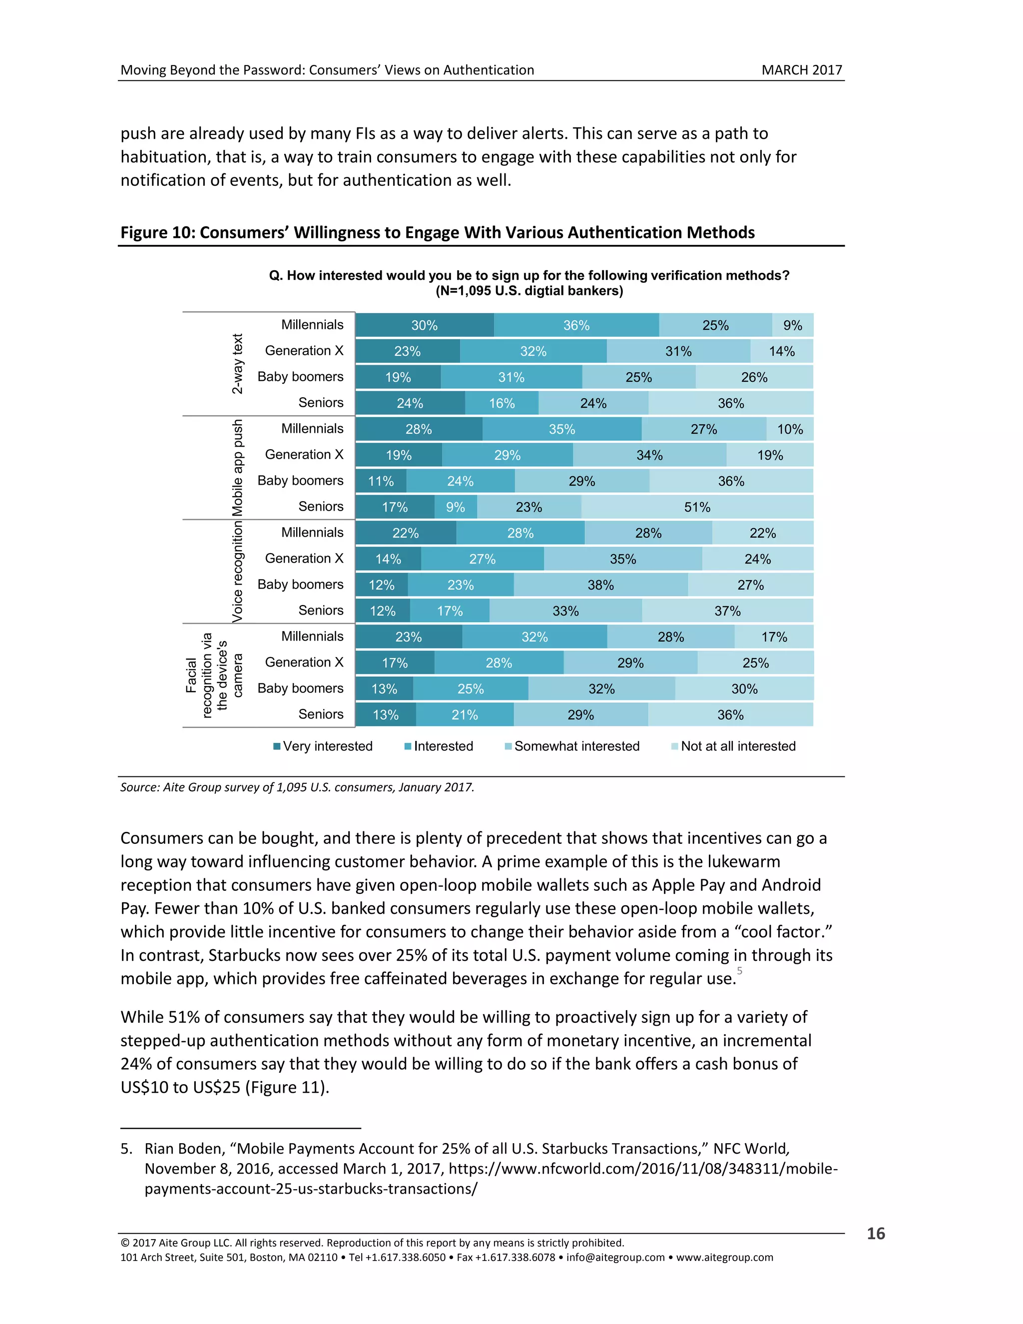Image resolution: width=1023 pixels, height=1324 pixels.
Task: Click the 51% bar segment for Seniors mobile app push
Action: [x=697, y=507]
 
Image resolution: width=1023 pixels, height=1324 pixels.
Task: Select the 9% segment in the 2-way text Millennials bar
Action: [x=792, y=326]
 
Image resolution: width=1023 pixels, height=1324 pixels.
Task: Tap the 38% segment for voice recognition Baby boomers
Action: [x=600, y=585]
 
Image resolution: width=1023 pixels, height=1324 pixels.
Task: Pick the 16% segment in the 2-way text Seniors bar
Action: [x=502, y=403]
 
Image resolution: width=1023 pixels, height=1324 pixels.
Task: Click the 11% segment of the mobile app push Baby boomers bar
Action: [x=381, y=481]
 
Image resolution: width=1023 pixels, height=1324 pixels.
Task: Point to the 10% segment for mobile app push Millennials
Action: [x=790, y=429]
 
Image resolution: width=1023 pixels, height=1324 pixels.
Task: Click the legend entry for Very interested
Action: [x=323, y=746]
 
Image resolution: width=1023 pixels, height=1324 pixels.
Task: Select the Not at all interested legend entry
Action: [x=733, y=746]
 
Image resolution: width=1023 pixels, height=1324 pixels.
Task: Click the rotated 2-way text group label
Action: [x=238, y=364]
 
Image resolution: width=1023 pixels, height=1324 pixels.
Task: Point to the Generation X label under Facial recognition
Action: [x=304, y=662]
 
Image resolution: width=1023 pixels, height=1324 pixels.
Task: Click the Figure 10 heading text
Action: [x=437, y=233]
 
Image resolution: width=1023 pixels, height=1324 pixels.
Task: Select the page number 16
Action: [x=875, y=1234]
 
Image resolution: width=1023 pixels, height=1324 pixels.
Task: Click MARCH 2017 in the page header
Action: [x=801, y=70]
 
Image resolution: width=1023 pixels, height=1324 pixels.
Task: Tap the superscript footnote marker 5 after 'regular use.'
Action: [x=739, y=971]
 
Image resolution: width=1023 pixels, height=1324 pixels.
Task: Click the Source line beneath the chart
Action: [x=297, y=787]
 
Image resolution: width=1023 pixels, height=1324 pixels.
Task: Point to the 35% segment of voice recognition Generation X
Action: [x=623, y=559]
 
